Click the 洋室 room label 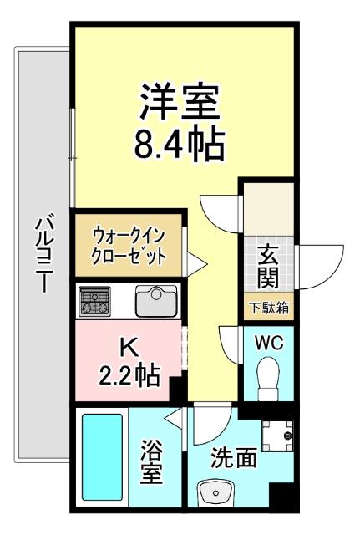point(180,104)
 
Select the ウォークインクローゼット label point(129,243)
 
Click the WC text point(268,343)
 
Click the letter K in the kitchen point(128,344)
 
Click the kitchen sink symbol point(154,300)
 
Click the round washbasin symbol point(215,493)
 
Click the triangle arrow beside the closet point(197,263)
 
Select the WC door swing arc point(230,343)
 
